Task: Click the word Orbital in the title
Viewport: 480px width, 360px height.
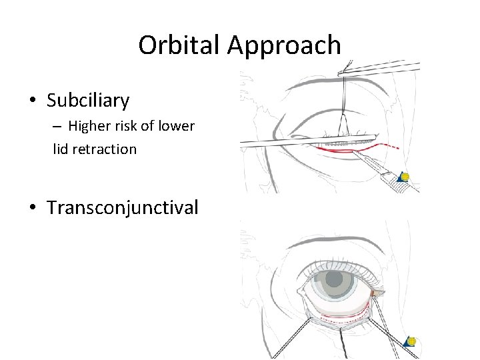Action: tap(179, 45)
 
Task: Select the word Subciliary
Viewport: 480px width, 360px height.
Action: tap(88, 101)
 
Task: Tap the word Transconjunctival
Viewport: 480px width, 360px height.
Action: tap(123, 207)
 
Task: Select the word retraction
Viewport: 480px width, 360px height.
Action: tap(106, 149)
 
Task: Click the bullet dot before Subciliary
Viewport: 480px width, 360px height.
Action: tap(33, 101)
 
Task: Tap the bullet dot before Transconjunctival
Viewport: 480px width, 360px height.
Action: tap(33, 208)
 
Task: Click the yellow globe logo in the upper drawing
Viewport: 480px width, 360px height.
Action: tap(404, 177)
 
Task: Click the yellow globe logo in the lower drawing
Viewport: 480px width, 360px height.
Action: tap(411, 341)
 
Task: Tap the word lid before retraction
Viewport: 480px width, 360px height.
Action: tap(61, 149)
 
